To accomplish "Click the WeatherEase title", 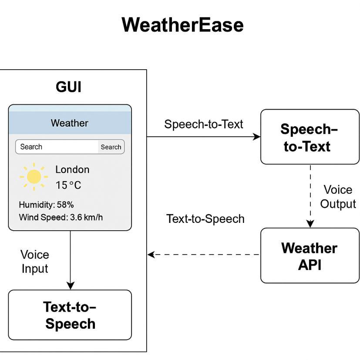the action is click(182, 25).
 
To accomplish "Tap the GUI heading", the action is click(68, 87).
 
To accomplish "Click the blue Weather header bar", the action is click(70, 123).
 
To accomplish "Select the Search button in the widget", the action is click(111, 147).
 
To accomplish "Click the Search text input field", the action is click(57, 147).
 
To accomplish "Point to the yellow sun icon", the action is click(34, 177).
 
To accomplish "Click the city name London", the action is click(72, 170).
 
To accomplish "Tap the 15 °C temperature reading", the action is click(68, 185).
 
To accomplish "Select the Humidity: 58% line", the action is click(47, 205).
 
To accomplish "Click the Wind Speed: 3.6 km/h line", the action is click(61, 217).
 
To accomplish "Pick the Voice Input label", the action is click(35, 262).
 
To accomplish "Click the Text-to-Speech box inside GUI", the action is click(70, 315).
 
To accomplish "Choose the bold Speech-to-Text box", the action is click(310, 137).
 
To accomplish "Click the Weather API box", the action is click(310, 256).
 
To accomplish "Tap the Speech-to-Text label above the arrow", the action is click(204, 124).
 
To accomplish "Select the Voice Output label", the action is click(338, 197).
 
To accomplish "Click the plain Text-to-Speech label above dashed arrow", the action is click(205, 219).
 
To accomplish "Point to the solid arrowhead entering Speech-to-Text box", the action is click(257, 137).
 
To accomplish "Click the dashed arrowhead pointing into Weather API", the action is click(310, 224).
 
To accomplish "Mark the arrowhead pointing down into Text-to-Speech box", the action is click(70, 286).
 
